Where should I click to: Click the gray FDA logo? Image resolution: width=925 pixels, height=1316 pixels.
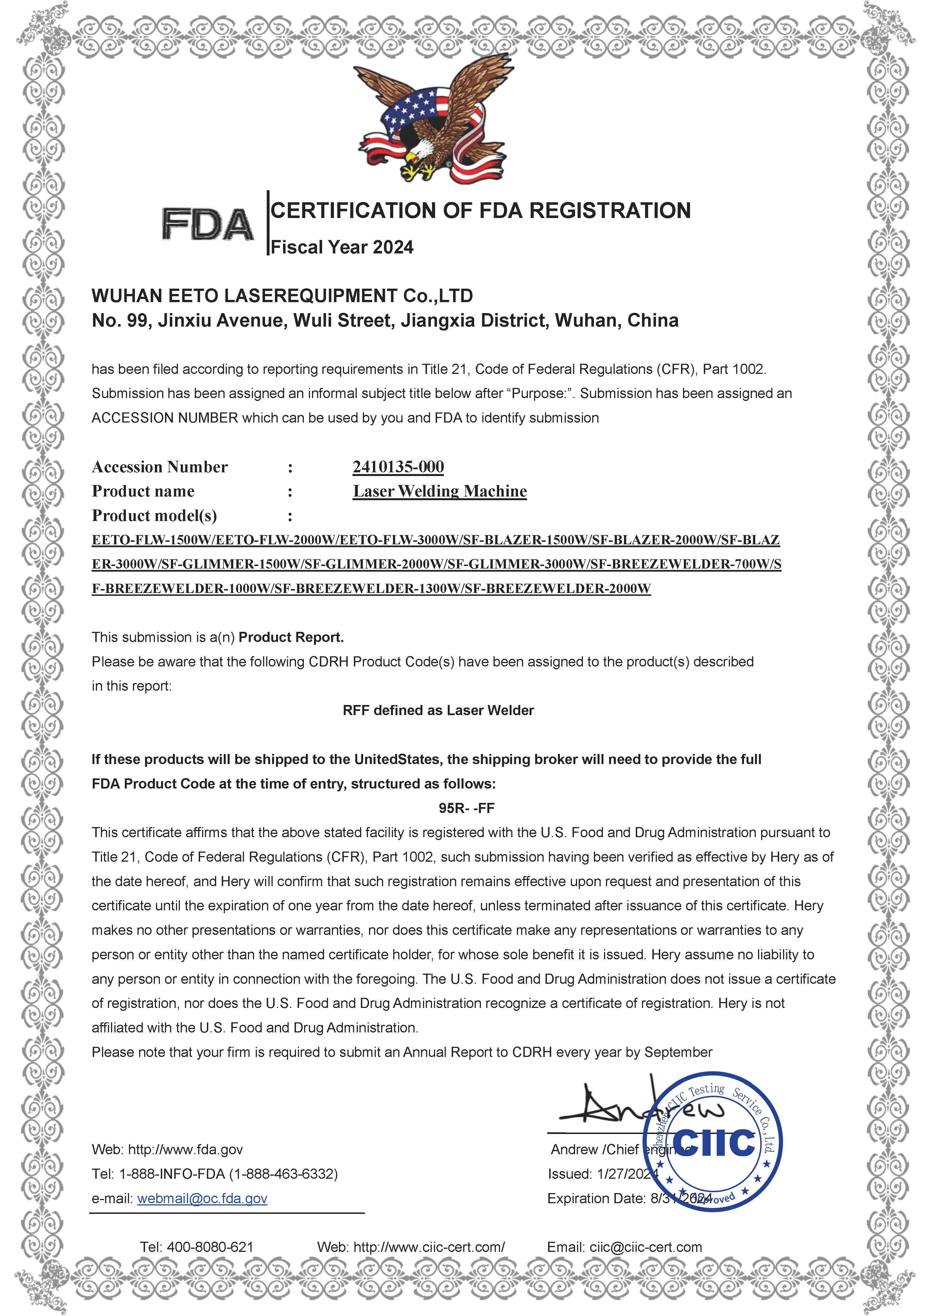coord(207,224)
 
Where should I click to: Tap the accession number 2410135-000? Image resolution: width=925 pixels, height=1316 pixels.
coord(398,467)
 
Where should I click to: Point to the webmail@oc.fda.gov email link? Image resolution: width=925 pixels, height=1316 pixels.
coord(202,1198)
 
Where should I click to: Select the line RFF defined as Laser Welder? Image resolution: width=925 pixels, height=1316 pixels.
coord(438,711)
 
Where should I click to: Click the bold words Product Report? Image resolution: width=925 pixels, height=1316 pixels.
coord(291,637)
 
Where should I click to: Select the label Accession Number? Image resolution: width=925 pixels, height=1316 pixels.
coord(160,467)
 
